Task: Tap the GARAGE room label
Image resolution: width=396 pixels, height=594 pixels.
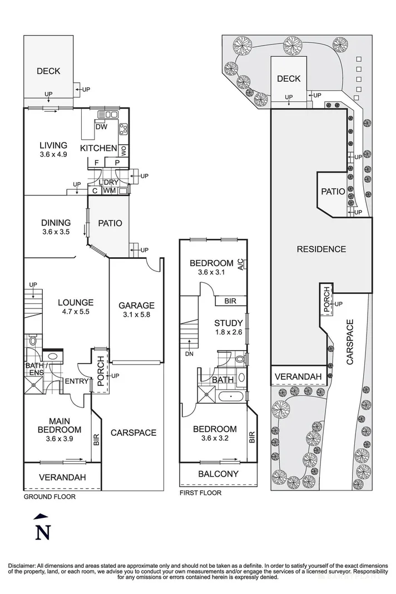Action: tap(137, 305)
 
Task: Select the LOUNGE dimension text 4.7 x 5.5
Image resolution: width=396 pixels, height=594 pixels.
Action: tap(76, 312)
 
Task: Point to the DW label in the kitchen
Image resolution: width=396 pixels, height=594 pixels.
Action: tap(101, 127)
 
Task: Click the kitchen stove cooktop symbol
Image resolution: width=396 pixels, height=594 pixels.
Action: tap(123, 130)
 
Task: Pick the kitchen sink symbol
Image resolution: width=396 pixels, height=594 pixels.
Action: tap(108, 114)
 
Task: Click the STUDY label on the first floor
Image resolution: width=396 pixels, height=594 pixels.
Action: tap(228, 323)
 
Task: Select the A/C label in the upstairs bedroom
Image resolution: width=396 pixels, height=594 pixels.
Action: tap(241, 264)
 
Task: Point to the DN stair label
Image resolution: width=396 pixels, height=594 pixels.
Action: tap(189, 355)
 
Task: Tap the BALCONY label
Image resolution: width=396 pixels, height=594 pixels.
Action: tap(219, 474)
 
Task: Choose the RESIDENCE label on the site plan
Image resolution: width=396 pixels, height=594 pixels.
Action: tap(321, 249)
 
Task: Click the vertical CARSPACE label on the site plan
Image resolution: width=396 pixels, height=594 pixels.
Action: tap(350, 342)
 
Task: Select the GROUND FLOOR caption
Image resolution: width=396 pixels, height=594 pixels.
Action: tap(49, 497)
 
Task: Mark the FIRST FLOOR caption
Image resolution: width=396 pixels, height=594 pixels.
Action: tap(200, 493)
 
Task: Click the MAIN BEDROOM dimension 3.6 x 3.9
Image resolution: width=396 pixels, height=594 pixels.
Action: tap(60, 439)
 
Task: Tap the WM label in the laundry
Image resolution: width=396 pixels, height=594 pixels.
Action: tap(110, 190)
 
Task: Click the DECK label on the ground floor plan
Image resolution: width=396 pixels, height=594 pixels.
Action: tap(48, 71)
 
